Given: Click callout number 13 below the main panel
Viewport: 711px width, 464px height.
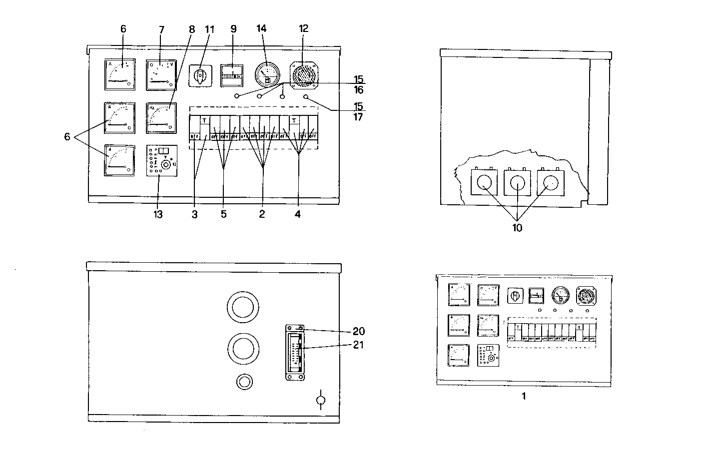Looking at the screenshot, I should (158, 214).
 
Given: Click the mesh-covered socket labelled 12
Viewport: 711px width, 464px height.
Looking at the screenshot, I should (303, 75).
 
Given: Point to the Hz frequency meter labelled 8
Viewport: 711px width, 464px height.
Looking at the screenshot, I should (161, 118).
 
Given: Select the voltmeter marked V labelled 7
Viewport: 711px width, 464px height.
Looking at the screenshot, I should (161, 75).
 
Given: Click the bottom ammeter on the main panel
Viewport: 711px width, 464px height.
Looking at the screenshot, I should (119, 160).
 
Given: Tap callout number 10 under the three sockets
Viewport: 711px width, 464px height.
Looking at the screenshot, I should (517, 228).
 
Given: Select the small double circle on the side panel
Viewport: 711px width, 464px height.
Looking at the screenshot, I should (244, 382).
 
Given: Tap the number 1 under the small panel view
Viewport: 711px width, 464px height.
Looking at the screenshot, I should (524, 396).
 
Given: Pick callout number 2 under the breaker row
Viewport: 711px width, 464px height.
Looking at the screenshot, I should (261, 214).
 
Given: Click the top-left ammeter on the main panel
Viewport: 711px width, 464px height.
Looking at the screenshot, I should (120, 75).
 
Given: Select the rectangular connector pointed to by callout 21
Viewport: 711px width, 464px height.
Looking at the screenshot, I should (294, 352).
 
